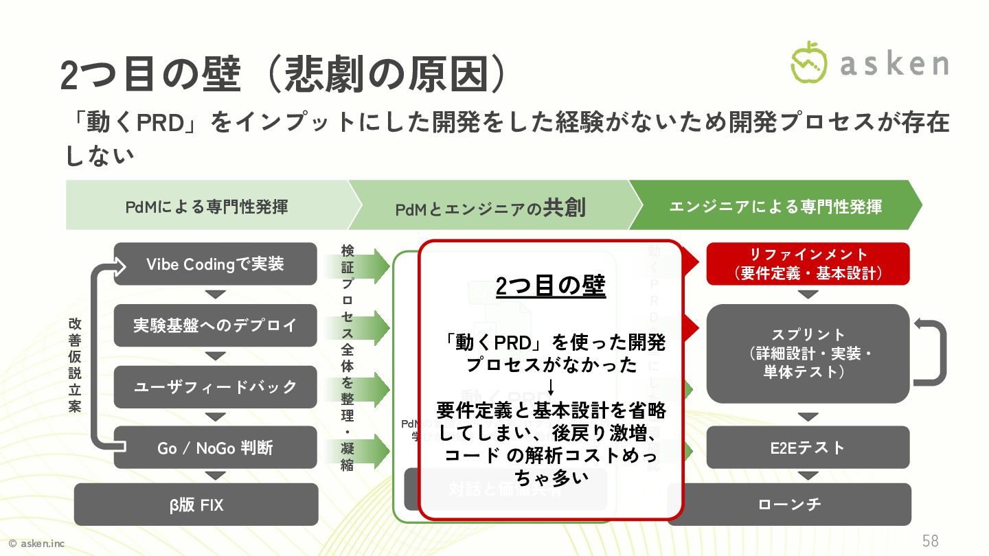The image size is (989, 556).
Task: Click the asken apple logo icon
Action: (810, 62)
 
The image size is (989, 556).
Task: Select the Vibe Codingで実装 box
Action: (215, 264)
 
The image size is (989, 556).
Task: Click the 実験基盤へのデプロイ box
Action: (215, 325)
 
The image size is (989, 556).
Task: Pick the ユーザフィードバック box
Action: (215, 386)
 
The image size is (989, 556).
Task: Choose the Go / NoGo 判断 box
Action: (215, 448)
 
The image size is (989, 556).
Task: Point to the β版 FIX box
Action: (196, 505)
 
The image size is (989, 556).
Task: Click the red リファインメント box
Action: (808, 264)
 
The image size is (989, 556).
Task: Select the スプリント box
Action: (808, 354)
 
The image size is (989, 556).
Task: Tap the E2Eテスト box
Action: (808, 448)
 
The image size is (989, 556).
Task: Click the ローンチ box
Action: (790, 505)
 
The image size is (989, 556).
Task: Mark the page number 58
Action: (930, 540)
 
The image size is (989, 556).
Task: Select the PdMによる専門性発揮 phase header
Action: (207, 205)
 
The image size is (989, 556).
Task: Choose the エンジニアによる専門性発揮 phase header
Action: (775, 205)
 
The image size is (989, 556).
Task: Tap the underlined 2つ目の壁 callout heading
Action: (551, 286)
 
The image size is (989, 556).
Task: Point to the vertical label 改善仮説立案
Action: (75, 364)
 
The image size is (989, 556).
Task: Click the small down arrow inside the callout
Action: (551, 388)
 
